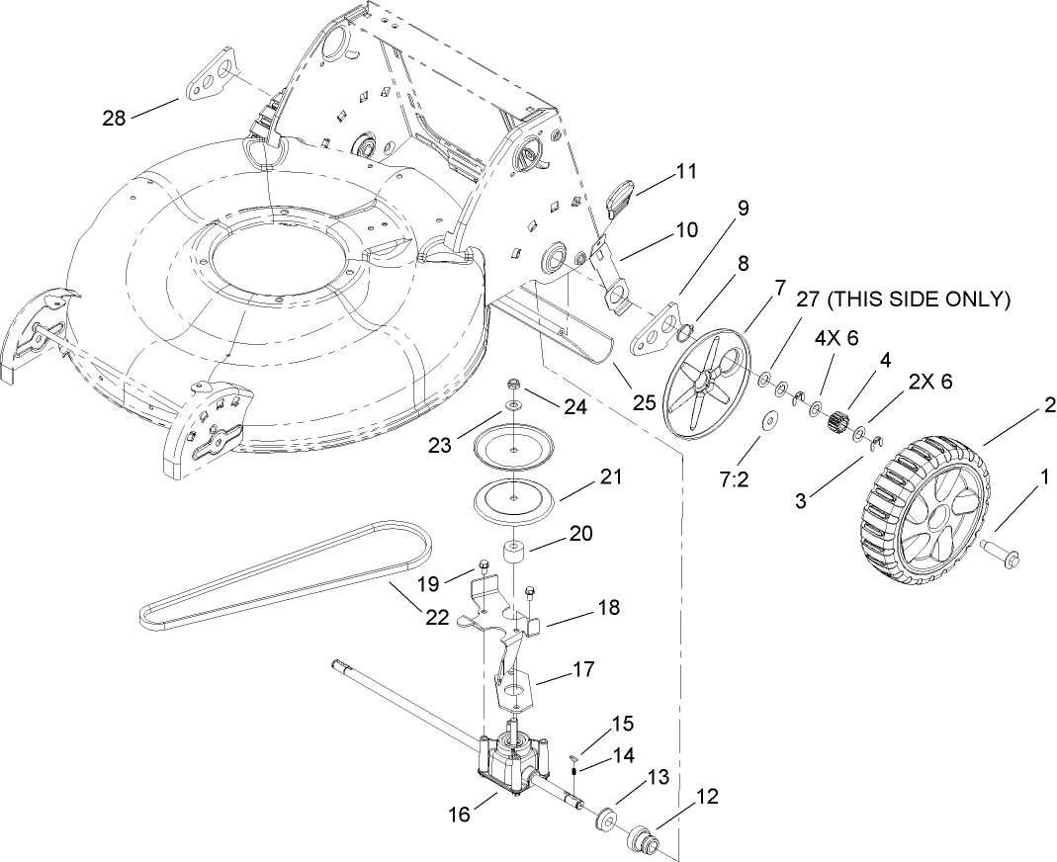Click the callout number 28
(x=115, y=118)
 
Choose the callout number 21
(x=611, y=477)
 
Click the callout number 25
(x=645, y=403)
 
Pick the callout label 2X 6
(x=931, y=383)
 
